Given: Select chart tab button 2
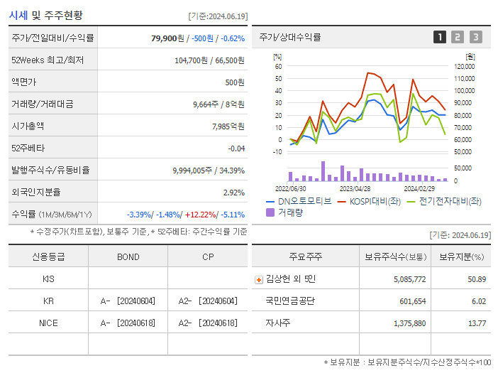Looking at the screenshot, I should tap(458, 37).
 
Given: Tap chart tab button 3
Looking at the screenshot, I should tap(475, 37).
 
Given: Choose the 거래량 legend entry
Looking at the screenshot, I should tap(289, 212).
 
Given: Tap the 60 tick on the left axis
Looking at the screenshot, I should tap(279, 66).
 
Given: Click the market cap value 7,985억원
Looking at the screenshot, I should tap(228, 126).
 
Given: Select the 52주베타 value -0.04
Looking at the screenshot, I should tap(236, 148).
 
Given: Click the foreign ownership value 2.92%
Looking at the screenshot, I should tap(233, 193).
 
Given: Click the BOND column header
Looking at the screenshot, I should tap(128, 256).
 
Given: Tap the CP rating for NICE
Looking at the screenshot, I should tap(207, 323).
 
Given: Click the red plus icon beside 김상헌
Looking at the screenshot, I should tap(258, 279).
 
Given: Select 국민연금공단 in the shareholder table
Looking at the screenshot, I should tap(290, 301).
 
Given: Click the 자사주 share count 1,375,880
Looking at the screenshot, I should tap(409, 323).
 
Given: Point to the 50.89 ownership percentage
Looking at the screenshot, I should tap(477, 279).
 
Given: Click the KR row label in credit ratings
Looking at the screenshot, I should tap(48, 301).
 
